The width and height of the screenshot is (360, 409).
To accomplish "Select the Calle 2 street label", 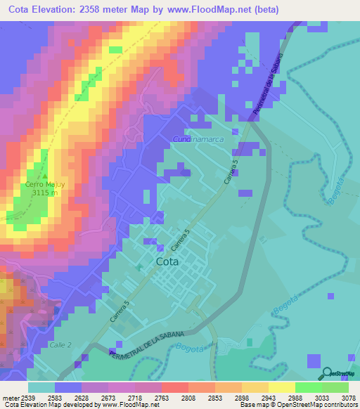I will coord(62,345).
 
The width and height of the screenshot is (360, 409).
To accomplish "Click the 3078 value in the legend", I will coord(340,398).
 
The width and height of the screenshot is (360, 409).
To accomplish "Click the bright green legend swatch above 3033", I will coord(309,387).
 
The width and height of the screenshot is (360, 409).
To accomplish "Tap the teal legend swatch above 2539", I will coord(41,387).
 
